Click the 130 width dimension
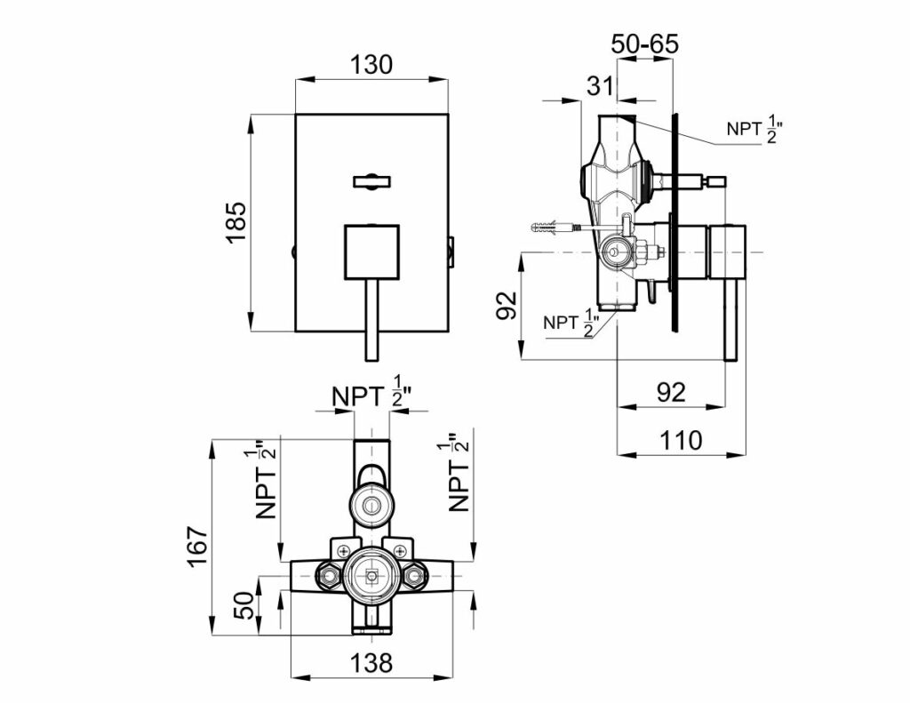click(x=371, y=65)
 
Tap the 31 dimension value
click(x=600, y=85)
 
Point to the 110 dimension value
click(x=681, y=439)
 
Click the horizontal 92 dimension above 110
click(x=671, y=391)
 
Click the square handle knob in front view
click(x=371, y=252)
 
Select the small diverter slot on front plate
click(x=371, y=182)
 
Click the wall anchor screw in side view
click(x=552, y=228)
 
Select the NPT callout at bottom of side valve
click(x=570, y=323)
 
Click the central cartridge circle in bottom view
click(x=371, y=575)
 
